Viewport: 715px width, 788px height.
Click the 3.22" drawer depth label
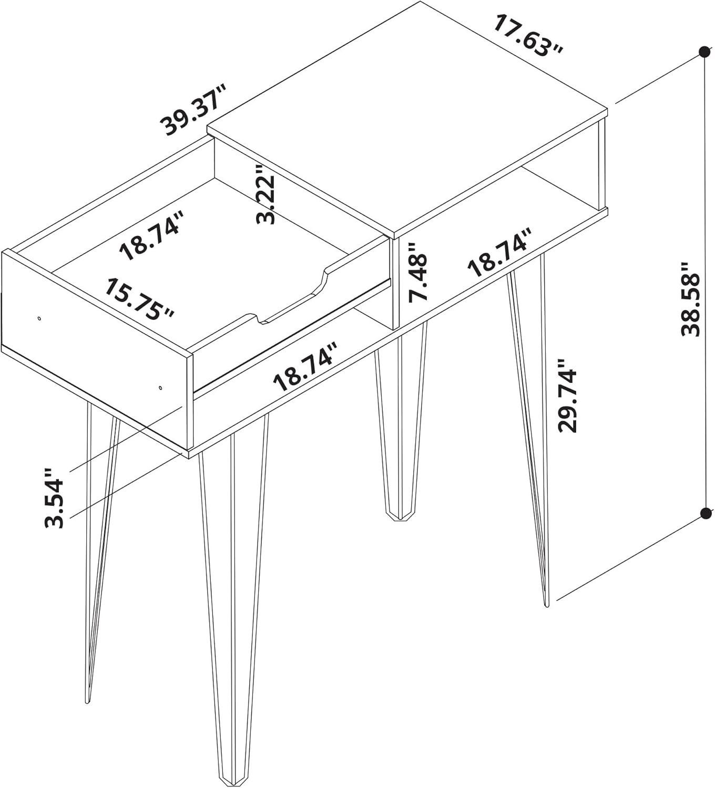[266, 194]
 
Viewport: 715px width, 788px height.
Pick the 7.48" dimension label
[419, 271]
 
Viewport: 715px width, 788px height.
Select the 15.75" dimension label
[140, 299]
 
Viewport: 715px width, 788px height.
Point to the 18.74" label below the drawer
[305, 366]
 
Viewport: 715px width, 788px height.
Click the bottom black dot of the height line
[704, 513]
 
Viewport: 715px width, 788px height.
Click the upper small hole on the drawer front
[39, 318]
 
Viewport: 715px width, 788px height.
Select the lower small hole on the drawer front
[160, 388]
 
